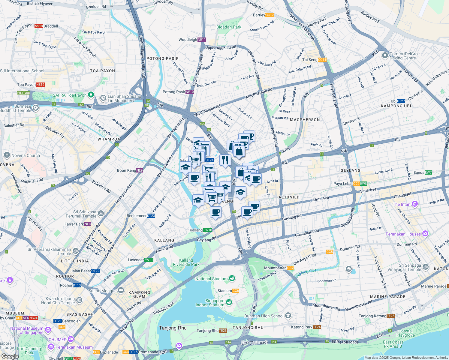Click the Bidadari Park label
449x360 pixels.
click(x=229, y=27)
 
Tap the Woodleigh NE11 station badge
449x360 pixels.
click(x=202, y=40)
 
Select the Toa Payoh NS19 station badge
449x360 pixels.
click(x=40, y=85)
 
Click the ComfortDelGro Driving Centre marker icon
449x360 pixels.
click(x=385, y=55)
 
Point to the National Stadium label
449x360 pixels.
click(x=211, y=279)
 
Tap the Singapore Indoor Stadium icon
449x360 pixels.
click(x=229, y=301)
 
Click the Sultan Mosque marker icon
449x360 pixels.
click(x=121, y=290)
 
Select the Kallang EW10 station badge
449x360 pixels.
click(x=208, y=230)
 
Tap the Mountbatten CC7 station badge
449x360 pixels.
click(x=290, y=268)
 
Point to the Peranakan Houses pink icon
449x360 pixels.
click(x=425, y=233)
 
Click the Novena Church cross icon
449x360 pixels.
click(x=7, y=155)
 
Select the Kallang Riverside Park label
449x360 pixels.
click(x=186, y=262)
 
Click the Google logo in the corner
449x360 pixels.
click(x=10, y=356)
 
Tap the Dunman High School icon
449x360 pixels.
click(x=288, y=315)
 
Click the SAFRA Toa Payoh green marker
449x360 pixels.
click(x=91, y=95)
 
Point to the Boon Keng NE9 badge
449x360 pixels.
click(x=140, y=170)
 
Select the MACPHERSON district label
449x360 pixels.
click(x=305, y=120)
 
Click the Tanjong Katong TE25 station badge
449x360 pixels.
click(x=391, y=316)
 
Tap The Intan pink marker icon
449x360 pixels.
click(x=415, y=204)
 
